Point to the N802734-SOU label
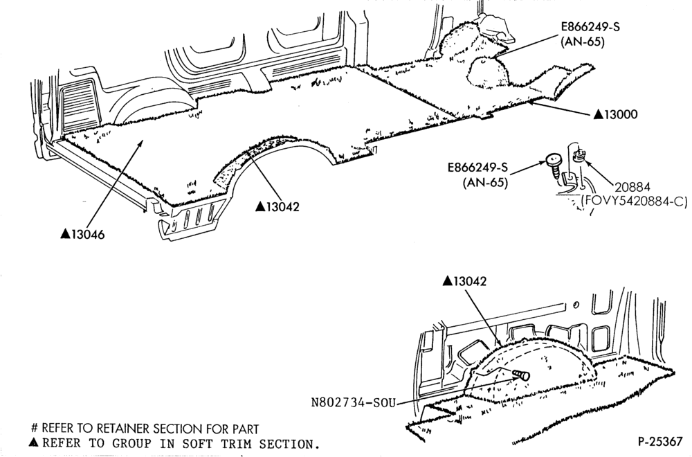(353, 402)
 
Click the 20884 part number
(632, 187)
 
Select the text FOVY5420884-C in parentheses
(634, 201)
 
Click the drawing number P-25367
(660, 442)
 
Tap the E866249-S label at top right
(590, 26)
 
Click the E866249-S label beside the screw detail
(477, 168)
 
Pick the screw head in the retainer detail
(552, 160)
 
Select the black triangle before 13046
(65, 233)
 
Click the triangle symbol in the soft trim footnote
(33, 442)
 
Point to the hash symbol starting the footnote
(35, 429)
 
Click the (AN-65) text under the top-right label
(582, 42)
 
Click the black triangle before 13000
(599, 114)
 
